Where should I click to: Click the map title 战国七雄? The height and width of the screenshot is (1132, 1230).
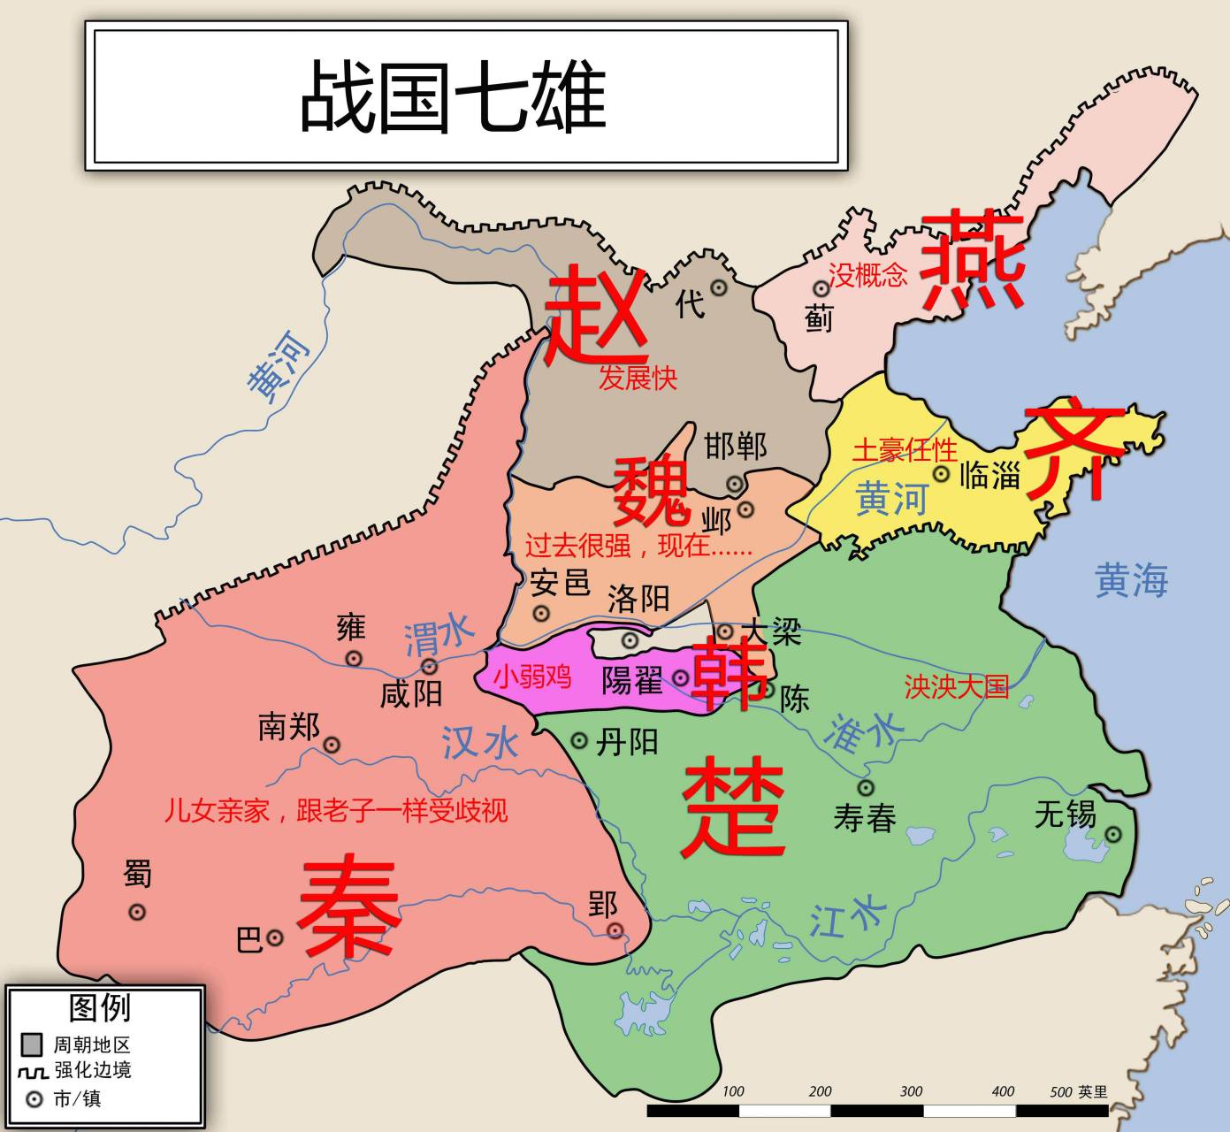tap(453, 96)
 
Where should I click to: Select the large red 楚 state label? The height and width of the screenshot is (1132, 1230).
tap(733, 808)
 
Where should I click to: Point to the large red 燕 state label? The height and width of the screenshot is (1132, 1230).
tap(973, 258)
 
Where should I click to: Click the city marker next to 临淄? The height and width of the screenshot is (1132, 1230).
tap(942, 474)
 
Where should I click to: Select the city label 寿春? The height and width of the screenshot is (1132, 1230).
tap(865, 818)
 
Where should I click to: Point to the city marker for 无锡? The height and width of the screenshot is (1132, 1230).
tap(1113, 834)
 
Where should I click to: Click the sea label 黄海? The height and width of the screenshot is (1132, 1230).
tap(1131, 581)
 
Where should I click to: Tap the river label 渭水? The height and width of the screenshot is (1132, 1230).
tap(439, 636)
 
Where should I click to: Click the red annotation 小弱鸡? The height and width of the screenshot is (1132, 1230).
tap(532, 677)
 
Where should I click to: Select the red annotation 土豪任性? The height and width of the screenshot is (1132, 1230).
tap(905, 450)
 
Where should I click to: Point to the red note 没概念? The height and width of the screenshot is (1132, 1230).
tap(867, 275)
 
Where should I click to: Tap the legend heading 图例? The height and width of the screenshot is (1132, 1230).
tap(100, 1007)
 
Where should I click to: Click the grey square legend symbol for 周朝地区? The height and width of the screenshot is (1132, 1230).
tap(33, 1044)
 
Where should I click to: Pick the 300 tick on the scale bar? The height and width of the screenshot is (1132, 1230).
tap(911, 1092)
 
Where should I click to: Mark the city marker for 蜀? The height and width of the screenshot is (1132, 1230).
tap(137, 912)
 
